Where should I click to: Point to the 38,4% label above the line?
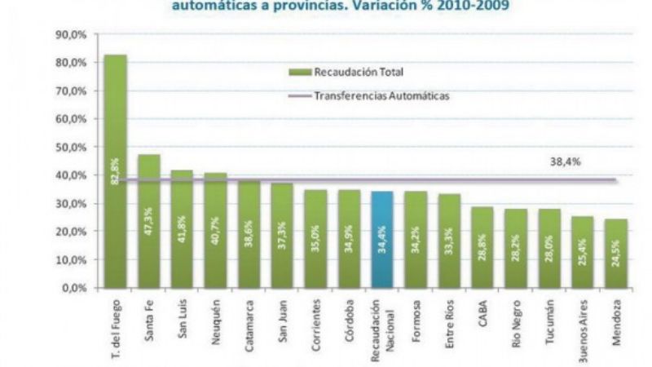tap(565, 162)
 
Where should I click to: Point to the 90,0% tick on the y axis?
tap(71, 35)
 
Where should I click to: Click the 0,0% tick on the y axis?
tap(73, 288)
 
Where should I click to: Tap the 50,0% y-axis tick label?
tap(71, 148)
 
